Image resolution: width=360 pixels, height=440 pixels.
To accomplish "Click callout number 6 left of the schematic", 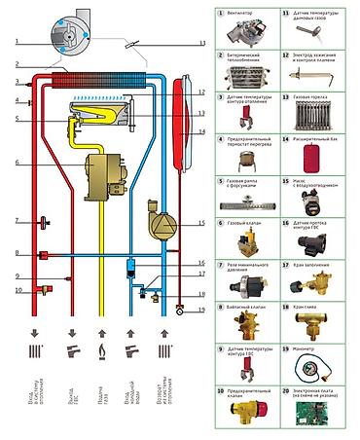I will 17,161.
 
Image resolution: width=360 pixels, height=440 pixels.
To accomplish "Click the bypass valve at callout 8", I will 44,254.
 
